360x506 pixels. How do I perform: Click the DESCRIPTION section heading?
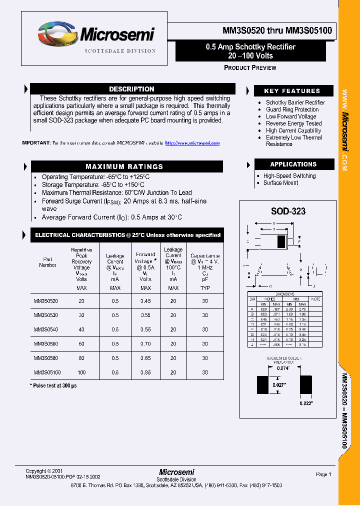click(x=131, y=89)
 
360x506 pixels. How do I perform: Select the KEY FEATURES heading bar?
click(x=292, y=91)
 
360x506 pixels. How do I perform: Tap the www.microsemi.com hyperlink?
click(x=192, y=143)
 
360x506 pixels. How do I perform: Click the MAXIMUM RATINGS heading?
click(x=124, y=166)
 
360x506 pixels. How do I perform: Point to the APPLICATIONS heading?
click(x=293, y=164)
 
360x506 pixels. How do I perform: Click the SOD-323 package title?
click(x=288, y=211)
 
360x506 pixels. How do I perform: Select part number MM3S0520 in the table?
click(x=46, y=301)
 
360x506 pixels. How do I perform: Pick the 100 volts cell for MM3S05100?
click(x=81, y=372)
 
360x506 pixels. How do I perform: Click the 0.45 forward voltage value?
click(x=145, y=301)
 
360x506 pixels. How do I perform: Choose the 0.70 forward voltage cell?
click(x=145, y=344)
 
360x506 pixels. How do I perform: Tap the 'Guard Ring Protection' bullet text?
click(x=292, y=109)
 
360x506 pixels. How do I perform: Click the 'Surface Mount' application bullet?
click(x=280, y=183)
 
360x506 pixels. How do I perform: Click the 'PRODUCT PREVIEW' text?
click(x=250, y=67)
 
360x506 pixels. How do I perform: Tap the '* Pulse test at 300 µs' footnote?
click(x=53, y=385)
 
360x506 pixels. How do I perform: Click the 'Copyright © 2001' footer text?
click(x=44, y=471)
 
